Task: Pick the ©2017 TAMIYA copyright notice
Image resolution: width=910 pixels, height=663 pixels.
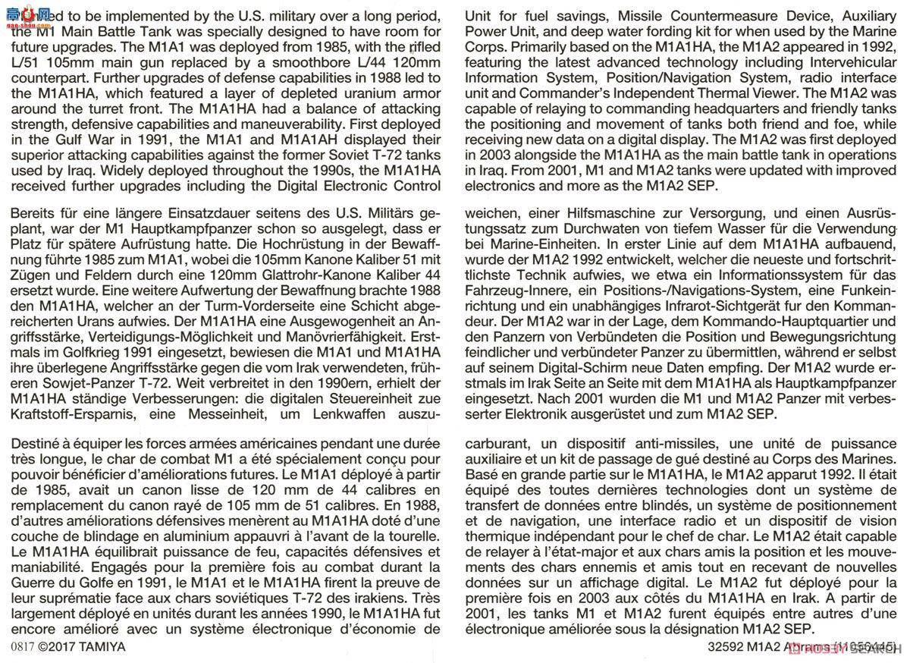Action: pyautogui.click(x=81, y=647)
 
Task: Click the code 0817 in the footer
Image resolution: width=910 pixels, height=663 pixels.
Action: pyautogui.click(x=22, y=647)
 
